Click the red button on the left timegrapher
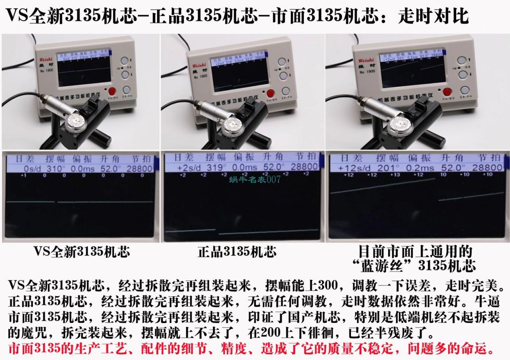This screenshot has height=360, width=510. pyautogui.click(x=113, y=91)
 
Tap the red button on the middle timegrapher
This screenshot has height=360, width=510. pyautogui.click(x=271, y=94)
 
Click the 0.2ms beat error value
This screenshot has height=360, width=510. pyautogui.click(x=421, y=168)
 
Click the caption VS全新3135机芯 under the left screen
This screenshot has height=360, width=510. pyautogui.click(x=81, y=252)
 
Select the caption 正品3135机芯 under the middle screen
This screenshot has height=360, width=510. pyautogui.click(x=237, y=252)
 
